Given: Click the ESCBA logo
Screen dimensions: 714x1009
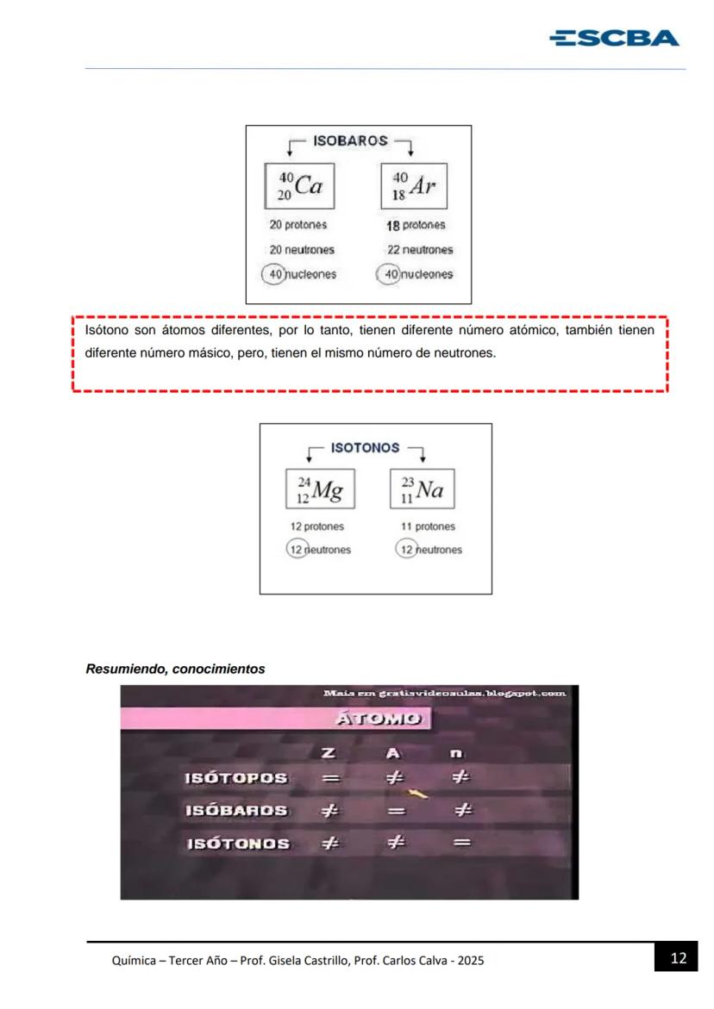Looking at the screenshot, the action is coord(614,39).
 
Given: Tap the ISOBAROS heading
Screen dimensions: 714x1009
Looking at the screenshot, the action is coord(350,141).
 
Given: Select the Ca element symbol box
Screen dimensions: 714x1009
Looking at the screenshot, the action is coord(299,186).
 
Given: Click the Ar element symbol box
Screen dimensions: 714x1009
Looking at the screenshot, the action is coord(414,186).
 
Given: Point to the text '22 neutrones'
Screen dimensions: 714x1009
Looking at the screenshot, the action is coord(420,250).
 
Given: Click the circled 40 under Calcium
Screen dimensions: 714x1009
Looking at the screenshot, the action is coord(273,274).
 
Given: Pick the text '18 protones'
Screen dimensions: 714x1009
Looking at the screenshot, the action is coord(416,225).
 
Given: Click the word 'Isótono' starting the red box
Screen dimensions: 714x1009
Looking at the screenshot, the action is coord(107,330).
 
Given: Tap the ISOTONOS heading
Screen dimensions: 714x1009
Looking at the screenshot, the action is coord(365,448).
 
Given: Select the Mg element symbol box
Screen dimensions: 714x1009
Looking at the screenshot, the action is coord(320,489).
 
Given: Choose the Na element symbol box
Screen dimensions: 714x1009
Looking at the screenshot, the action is coord(423,489).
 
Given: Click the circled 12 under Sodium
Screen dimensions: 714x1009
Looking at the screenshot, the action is coord(406,549).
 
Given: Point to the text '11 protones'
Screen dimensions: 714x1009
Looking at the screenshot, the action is coord(429,526).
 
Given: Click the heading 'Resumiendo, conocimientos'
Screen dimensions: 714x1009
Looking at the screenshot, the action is coord(175,670).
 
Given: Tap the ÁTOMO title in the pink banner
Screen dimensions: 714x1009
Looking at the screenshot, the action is coord(379,718).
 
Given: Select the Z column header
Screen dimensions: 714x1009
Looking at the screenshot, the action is coord(329,753).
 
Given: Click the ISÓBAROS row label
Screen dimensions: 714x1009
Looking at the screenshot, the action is coord(236,811).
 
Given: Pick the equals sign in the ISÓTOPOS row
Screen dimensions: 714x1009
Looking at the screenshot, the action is coord(331,779).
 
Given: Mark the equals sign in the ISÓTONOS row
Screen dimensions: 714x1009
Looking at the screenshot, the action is coord(461,843).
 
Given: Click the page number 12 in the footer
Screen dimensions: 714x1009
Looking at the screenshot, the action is coord(679,958).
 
